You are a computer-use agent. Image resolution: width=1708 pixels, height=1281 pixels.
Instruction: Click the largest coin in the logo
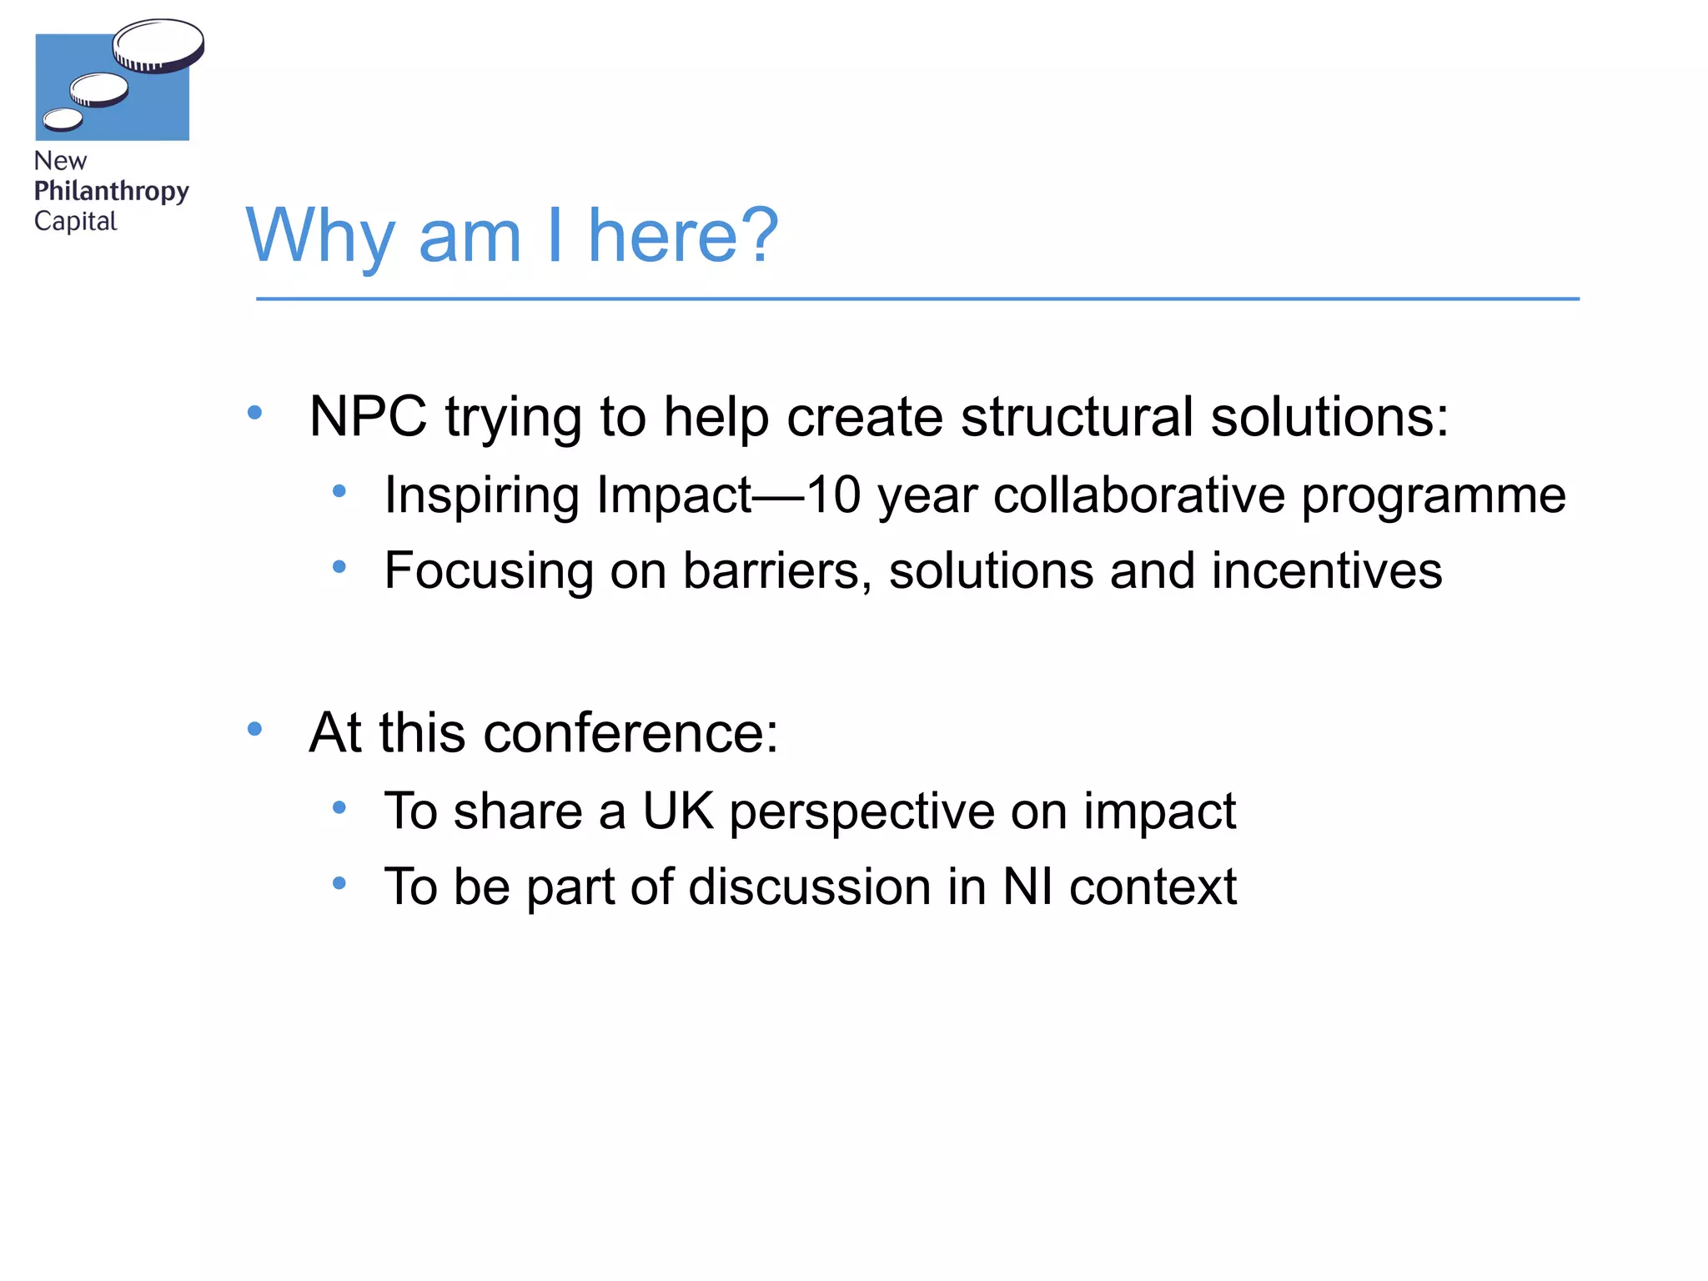click(x=158, y=44)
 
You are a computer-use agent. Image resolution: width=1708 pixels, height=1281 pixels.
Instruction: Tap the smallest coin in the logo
click(x=63, y=120)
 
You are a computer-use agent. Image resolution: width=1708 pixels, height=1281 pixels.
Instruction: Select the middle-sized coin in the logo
click(x=99, y=89)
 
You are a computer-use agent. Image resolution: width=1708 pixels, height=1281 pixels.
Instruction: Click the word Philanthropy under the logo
click(x=112, y=191)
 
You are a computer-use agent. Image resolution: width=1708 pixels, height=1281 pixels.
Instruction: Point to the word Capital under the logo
click(x=76, y=222)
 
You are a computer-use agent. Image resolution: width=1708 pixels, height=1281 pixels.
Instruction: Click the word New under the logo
click(x=60, y=161)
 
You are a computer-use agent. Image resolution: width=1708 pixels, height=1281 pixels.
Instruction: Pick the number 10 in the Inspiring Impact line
click(x=834, y=495)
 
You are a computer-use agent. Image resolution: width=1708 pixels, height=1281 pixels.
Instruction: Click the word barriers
click(x=777, y=571)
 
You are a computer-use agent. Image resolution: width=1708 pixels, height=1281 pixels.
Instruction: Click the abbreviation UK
click(x=678, y=811)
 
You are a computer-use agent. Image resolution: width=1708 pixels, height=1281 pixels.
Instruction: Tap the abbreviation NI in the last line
click(x=1027, y=886)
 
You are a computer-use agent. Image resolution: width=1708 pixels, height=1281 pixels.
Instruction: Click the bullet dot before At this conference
click(x=255, y=730)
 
